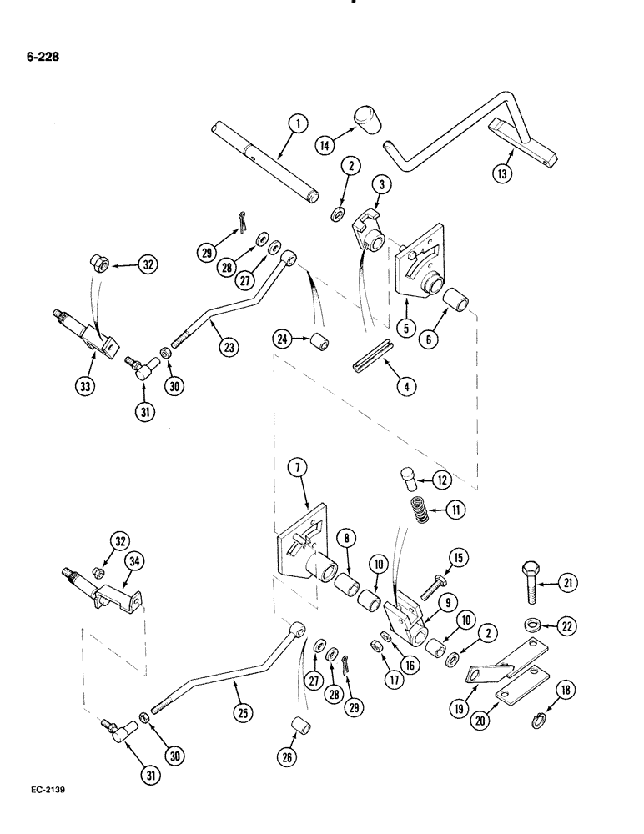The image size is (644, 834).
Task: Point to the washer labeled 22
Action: (531, 625)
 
